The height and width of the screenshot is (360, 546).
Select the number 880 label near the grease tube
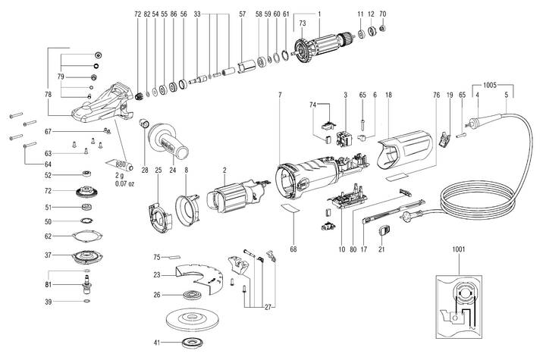tap(118, 163)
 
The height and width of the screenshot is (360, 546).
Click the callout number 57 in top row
tap(242, 14)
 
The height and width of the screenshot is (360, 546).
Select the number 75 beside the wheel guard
tap(156, 257)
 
